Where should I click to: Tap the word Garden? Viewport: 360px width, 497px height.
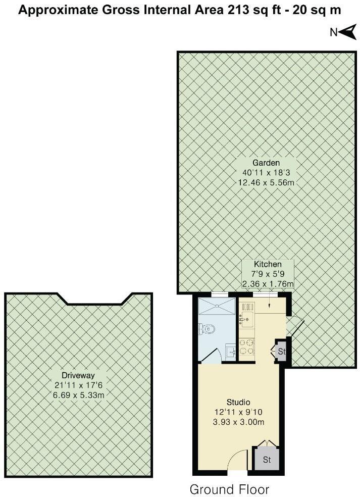point(266,163)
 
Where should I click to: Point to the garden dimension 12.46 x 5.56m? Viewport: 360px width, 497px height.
point(266,182)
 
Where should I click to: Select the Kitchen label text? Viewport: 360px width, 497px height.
point(268,264)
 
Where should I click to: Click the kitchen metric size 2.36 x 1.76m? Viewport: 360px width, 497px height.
point(268,284)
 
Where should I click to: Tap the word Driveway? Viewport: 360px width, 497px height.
point(78,375)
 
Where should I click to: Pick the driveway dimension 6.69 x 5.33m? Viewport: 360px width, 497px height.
point(78,395)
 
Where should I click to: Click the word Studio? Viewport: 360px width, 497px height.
point(239,403)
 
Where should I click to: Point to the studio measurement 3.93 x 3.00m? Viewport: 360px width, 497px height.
point(239,422)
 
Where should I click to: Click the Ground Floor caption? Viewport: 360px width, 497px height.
point(229,489)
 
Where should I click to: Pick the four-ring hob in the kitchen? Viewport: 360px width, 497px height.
point(247,346)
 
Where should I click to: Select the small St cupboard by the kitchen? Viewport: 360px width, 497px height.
point(281,351)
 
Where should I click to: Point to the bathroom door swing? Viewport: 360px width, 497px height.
point(213,356)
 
